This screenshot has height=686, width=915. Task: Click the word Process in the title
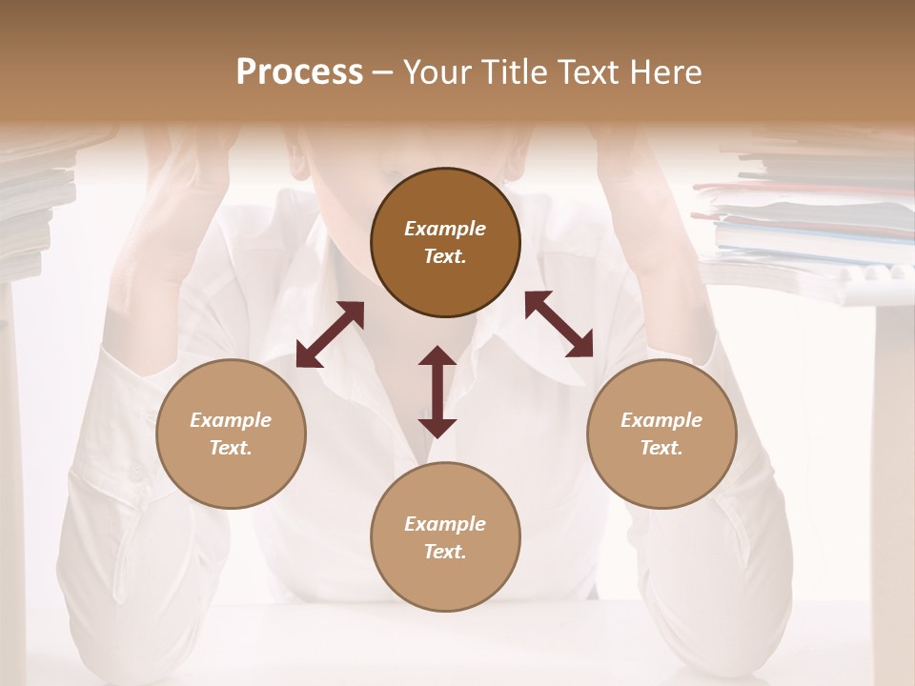tap(299, 72)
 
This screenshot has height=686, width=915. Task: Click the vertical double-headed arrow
tap(437, 392)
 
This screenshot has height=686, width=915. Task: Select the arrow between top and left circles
tap(330, 334)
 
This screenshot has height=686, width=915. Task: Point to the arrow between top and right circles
tap(559, 324)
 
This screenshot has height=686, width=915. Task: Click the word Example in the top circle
tap(445, 229)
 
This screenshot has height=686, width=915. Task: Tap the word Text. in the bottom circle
tap(445, 552)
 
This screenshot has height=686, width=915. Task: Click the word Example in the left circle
tap(231, 420)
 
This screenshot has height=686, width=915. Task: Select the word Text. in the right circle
tap(661, 448)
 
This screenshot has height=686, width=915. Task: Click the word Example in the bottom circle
tap(445, 524)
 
